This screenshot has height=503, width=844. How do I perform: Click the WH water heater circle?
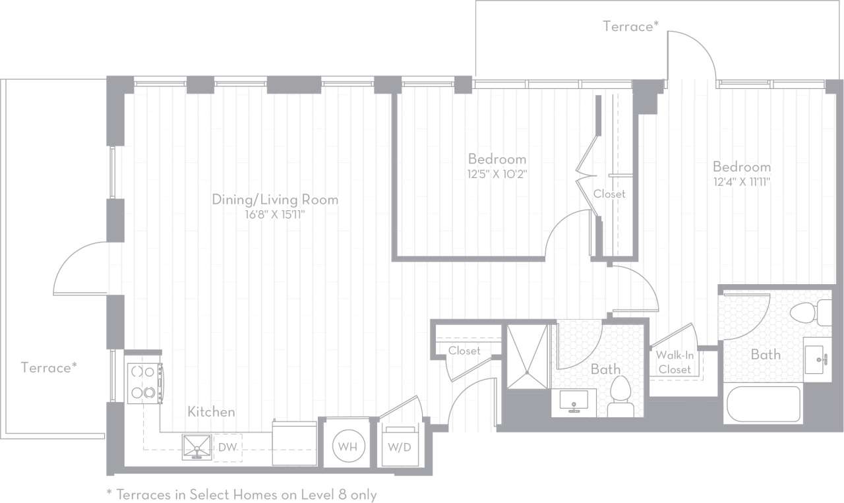click(x=347, y=446)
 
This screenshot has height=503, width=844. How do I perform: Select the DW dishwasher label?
click(x=227, y=447)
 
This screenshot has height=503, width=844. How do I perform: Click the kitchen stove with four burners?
click(x=144, y=383)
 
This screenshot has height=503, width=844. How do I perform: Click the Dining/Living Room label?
click(x=275, y=199)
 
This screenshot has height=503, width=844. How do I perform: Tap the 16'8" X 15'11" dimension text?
click(x=275, y=214)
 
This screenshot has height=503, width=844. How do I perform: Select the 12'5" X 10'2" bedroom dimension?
click(x=497, y=175)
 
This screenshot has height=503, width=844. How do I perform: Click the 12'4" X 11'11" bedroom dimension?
click(x=741, y=182)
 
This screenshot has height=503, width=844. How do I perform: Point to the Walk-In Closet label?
click(x=675, y=363)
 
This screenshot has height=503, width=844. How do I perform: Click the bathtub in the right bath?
click(x=763, y=404)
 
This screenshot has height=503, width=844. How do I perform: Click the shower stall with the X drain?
click(x=527, y=356)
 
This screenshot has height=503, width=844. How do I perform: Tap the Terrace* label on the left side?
click(x=49, y=367)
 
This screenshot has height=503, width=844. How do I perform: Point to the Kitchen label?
click(x=211, y=412)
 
